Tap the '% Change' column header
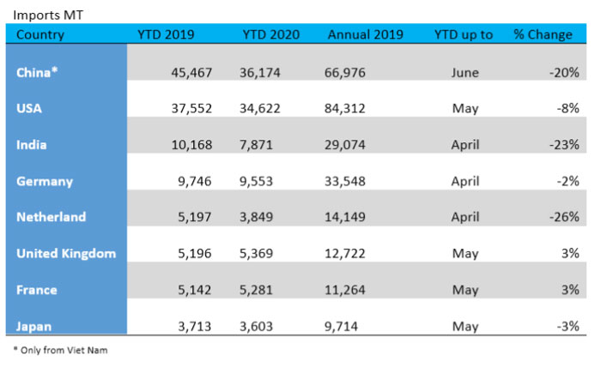[x=543, y=35]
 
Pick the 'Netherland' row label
[x=51, y=217]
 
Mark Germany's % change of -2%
[x=567, y=181]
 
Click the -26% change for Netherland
[x=563, y=217]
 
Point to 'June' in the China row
[x=464, y=73]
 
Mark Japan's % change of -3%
[x=567, y=325]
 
